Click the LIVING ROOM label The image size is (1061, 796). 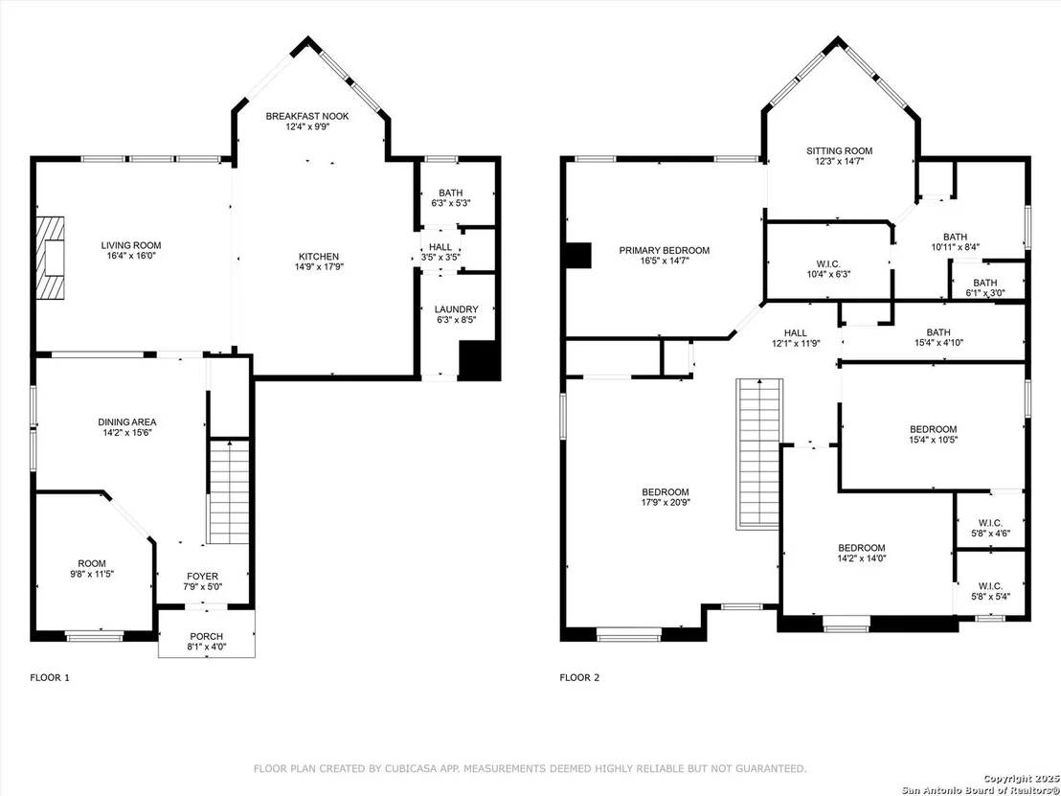click(131, 245)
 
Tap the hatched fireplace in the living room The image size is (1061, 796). click(52, 258)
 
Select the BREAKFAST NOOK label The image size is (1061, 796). click(307, 117)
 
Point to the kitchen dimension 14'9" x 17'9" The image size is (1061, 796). click(319, 266)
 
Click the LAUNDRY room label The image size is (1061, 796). click(456, 309)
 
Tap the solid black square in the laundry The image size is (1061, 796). click(480, 359)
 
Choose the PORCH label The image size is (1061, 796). click(207, 636)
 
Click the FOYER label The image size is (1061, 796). click(203, 577)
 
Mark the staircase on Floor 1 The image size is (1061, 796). click(230, 490)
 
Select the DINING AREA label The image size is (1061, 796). click(127, 422)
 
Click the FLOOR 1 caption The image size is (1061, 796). click(50, 677)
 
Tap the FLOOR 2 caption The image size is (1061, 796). click(579, 677)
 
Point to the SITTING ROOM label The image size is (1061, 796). click(839, 151)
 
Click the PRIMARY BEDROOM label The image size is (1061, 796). click(665, 250)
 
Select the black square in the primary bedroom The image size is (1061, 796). click(578, 255)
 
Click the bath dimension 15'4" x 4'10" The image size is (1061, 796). click(938, 343)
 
